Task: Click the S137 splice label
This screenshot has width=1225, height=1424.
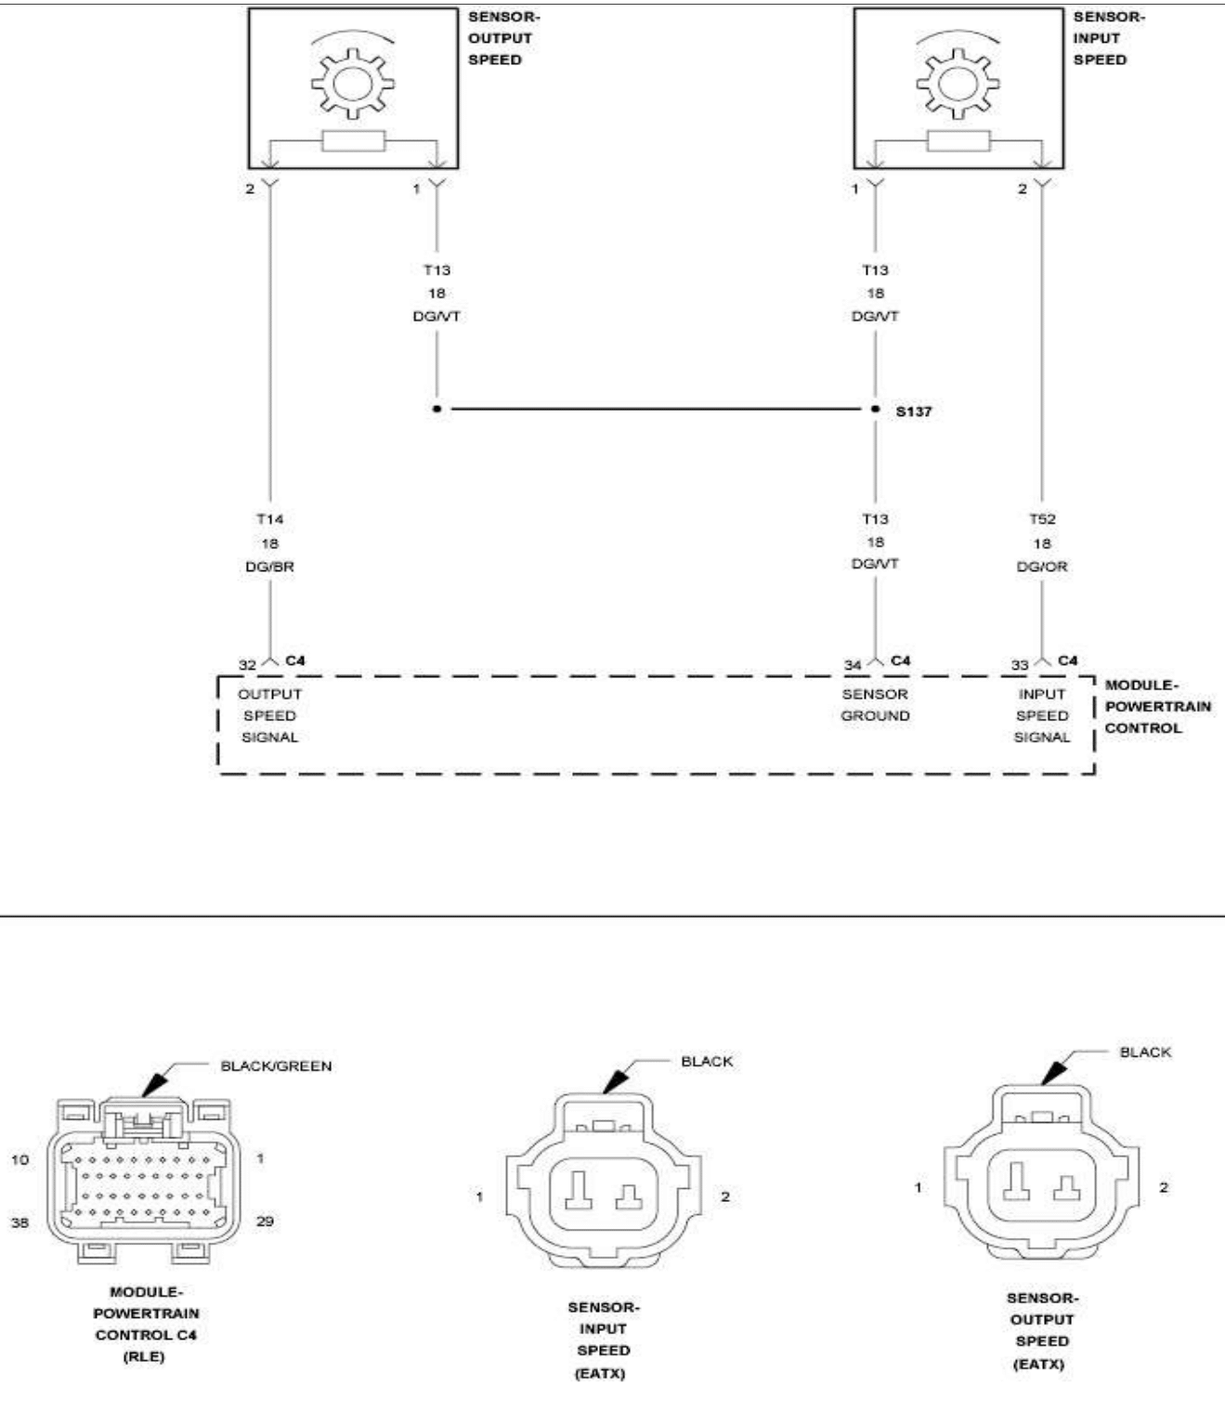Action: point(913,411)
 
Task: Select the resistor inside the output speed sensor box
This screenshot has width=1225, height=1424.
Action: point(353,141)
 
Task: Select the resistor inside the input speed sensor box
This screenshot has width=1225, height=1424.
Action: point(958,141)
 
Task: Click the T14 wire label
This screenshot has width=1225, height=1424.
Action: point(269,519)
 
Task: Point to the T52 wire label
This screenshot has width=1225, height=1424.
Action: point(1042,519)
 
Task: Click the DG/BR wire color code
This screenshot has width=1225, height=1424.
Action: point(269,567)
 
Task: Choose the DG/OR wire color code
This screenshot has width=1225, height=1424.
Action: point(1042,567)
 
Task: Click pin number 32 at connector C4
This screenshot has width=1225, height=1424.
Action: point(247,665)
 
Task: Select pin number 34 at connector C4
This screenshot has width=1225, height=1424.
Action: point(853,665)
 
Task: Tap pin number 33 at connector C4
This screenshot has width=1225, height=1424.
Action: point(1020,665)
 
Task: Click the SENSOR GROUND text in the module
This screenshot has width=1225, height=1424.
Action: point(875,705)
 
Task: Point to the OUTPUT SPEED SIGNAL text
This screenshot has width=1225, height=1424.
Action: point(269,715)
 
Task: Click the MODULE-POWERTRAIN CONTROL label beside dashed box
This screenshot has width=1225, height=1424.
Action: point(1157,707)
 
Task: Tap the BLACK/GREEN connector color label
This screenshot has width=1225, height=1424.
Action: point(276,1066)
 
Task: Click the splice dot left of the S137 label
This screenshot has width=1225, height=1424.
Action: point(875,409)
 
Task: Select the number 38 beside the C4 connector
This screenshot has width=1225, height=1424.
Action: point(20,1222)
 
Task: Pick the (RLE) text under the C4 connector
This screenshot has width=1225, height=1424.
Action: point(144,1356)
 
